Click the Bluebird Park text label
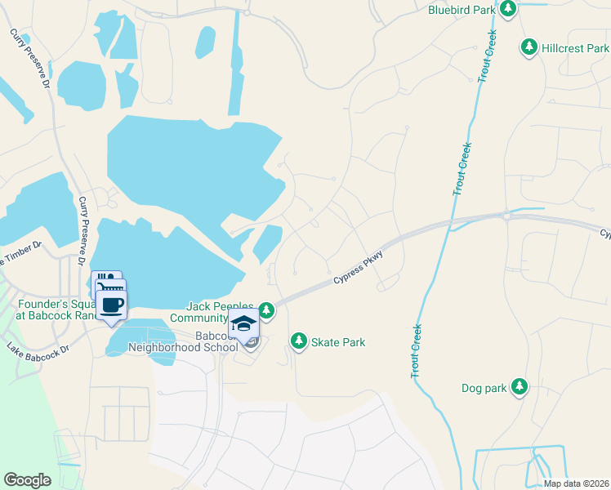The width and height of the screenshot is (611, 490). coord(462,10)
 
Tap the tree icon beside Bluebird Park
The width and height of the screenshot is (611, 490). coord(508,9)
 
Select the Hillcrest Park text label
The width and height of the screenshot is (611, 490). coord(574,49)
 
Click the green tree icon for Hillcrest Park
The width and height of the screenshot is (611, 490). coord(529,48)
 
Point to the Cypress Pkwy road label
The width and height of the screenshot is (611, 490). coord(358,269)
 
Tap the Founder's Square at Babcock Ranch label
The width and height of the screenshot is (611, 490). coord(49,310)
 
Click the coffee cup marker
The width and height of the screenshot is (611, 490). coord(113,305)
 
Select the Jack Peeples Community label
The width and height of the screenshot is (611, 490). coord(211,311)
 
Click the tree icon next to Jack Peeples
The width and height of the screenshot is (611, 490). coord(267,310)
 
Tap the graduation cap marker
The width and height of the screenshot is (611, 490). coord(242,324)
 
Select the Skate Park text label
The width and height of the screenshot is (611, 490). coord(338,342)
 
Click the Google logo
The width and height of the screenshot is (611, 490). coord(27,480)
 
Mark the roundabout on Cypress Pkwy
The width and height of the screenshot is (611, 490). coord(506,216)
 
